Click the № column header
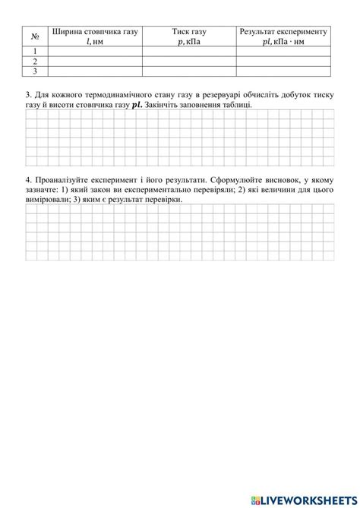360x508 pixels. pos(34,36)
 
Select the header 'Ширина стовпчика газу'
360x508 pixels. pos(95,32)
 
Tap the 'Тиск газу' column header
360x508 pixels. pos(189,32)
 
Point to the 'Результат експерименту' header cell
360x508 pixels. pos(283,32)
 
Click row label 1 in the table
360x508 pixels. pos(34,52)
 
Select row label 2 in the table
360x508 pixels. pos(34,62)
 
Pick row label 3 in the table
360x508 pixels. pos(34,71)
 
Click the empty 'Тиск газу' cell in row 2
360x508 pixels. pos(189,62)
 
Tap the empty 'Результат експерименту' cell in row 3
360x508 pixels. pos(283,71)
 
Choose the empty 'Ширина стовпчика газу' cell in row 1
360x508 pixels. pos(95,52)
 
